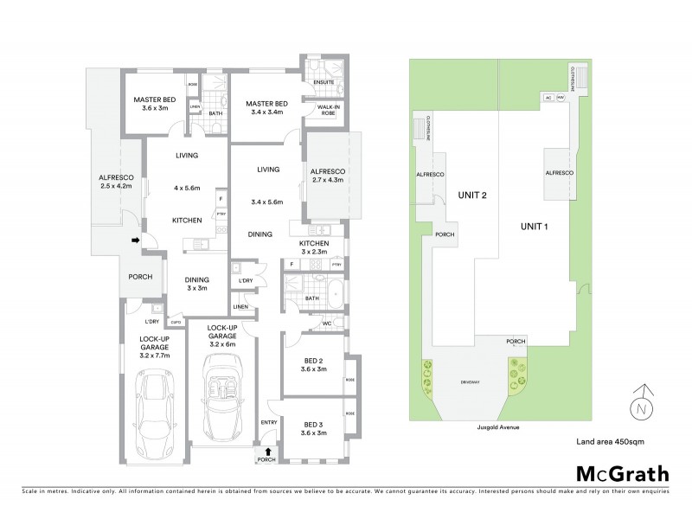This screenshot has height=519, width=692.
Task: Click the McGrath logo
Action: [622, 473]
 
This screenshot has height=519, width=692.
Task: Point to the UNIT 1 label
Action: [535, 227]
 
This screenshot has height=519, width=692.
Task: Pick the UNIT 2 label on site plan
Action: [473, 195]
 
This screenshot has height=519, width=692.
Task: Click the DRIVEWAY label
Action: [470, 378]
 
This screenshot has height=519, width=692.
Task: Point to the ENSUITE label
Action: [325, 83]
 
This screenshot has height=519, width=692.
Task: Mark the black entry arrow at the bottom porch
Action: [268, 451]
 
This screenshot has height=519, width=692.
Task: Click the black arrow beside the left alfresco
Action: [135, 240]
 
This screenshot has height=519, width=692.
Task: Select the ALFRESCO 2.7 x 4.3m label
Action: [327, 176]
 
